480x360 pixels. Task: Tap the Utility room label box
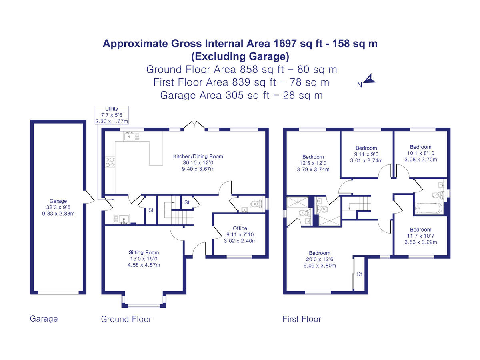point(111,115)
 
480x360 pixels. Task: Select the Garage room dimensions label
point(58,207)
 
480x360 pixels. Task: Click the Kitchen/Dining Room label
point(198,163)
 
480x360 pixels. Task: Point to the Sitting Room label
point(144,259)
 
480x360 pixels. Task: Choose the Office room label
point(240,234)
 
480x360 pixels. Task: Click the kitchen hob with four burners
point(110,162)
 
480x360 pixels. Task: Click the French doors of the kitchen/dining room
point(194,126)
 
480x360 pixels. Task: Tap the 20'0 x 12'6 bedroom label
point(320,259)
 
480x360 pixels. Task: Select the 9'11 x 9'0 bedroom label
point(366,154)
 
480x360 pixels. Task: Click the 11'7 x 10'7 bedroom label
point(420,236)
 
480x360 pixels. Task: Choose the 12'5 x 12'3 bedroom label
point(313,163)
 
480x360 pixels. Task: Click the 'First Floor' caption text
point(302,319)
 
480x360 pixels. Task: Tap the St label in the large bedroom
point(359,274)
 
